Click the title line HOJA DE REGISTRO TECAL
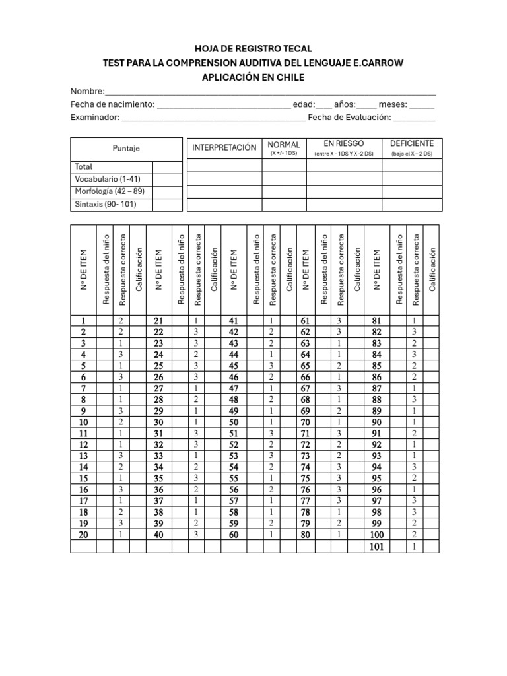pyautogui.click(x=253, y=49)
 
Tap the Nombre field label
pyautogui.click(x=88, y=91)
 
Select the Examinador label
pyautogui.click(x=95, y=118)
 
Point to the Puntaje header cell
pyautogui.click(x=126, y=149)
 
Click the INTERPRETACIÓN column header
pyautogui.click(x=224, y=147)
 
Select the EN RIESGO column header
pyautogui.click(x=343, y=143)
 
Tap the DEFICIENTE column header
pyautogui.click(x=411, y=143)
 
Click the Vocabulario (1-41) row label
pyautogui.click(x=108, y=179)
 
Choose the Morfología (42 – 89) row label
pyautogui.click(x=110, y=191)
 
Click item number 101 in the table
pyautogui.click(x=376, y=547)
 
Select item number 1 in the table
pyautogui.click(x=83, y=320)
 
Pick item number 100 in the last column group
pyautogui.click(x=376, y=535)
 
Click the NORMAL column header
pyautogui.click(x=284, y=144)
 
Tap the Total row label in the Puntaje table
pyautogui.click(x=84, y=167)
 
